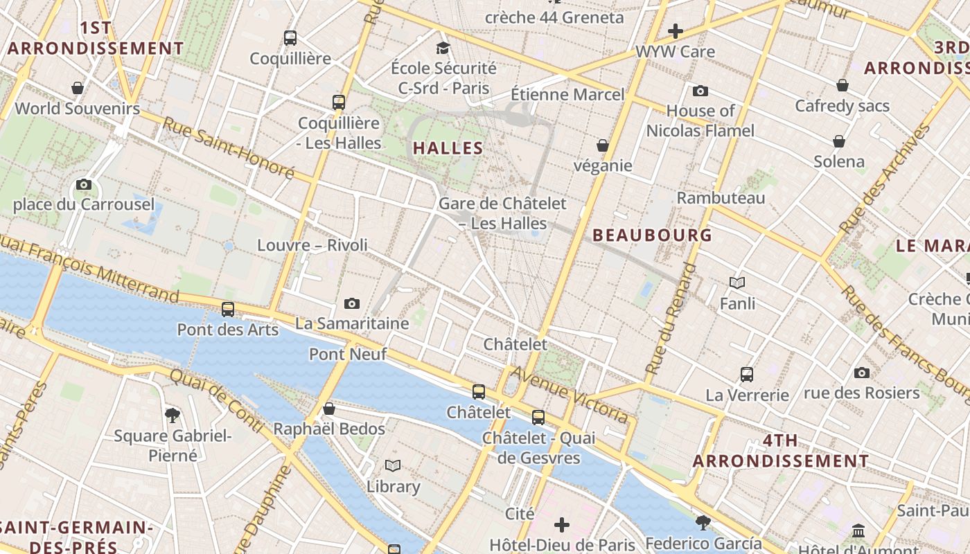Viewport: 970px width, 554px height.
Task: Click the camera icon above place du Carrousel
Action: coord(84,184)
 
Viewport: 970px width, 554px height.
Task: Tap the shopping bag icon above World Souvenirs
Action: coord(78,88)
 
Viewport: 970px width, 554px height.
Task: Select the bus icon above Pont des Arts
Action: coord(228,310)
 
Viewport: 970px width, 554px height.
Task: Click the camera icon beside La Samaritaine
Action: coord(352,303)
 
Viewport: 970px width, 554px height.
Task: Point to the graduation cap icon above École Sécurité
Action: coord(443,48)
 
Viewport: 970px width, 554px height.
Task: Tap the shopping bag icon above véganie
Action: coord(603,145)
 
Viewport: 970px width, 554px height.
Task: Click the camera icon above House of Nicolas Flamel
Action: coord(700,91)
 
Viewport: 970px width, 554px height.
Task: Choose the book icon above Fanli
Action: coord(737,283)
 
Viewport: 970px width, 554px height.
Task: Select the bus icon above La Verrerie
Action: coord(747,375)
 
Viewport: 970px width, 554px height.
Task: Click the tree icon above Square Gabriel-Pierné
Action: coord(173,415)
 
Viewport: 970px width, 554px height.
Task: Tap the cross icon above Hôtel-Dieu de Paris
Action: coord(562,524)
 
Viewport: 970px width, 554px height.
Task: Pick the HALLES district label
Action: coord(448,148)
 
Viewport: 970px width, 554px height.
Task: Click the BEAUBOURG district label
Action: coord(652,235)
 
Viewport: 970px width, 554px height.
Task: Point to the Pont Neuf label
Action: coord(348,355)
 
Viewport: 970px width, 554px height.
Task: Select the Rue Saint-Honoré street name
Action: coord(229,148)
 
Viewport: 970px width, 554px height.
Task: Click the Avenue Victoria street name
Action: coord(572,395)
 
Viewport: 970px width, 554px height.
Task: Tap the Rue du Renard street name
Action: coord(670,319)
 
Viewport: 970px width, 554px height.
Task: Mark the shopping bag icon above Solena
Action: coord(839,142)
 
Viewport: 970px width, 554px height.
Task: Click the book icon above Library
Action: coord(393,465)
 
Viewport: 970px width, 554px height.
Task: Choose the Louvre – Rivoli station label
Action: coord(312,245)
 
